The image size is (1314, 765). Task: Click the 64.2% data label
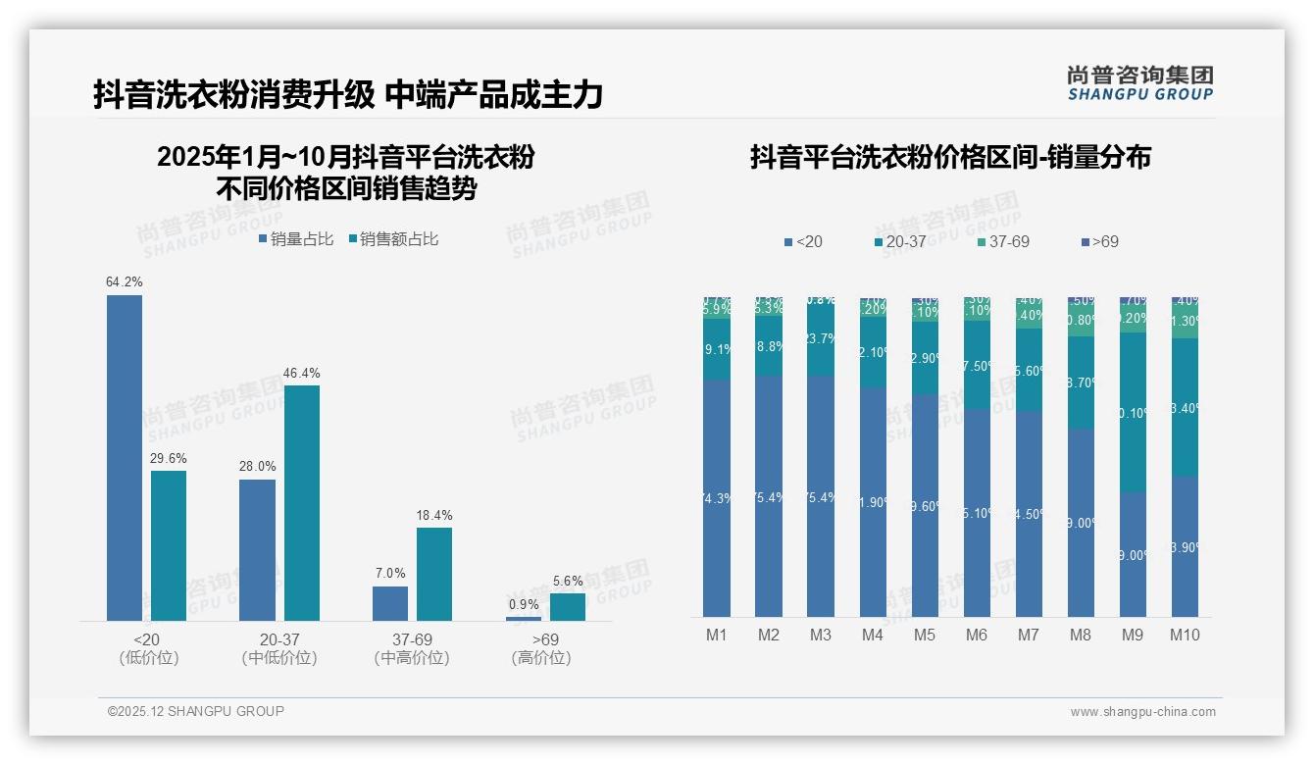click(x=125, y=282)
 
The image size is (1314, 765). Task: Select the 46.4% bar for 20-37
click(x=302, y=502)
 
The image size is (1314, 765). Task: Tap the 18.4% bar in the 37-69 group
click(x=434, y=574)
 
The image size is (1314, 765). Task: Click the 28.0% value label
click(x=257, y=467)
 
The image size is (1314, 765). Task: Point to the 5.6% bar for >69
click(x=567, y=607)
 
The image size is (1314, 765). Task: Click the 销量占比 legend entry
click(x=296, y=238)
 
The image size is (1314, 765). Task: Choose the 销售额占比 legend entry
click(x=393, y=238)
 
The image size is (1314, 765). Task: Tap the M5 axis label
click(x=925, y=635)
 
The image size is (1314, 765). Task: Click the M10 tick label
click(x=1185, y=635)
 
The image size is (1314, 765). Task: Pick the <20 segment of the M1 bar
click(x=717, y=498)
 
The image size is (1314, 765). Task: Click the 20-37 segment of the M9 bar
click(x=1133, y=412)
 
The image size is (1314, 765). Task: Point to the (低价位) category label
click(x=149, y=658)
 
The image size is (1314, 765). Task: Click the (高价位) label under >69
click(x=541, y=658)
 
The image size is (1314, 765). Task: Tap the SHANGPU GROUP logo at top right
click(x=1139, y=83)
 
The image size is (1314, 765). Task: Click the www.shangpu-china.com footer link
click(x=1142, y=712)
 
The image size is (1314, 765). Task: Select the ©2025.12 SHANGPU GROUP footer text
click(x=196, y=711)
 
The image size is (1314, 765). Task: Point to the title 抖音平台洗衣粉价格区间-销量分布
click(x=950, y=157)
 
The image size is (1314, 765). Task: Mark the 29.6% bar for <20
click(x=169, y=545)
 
